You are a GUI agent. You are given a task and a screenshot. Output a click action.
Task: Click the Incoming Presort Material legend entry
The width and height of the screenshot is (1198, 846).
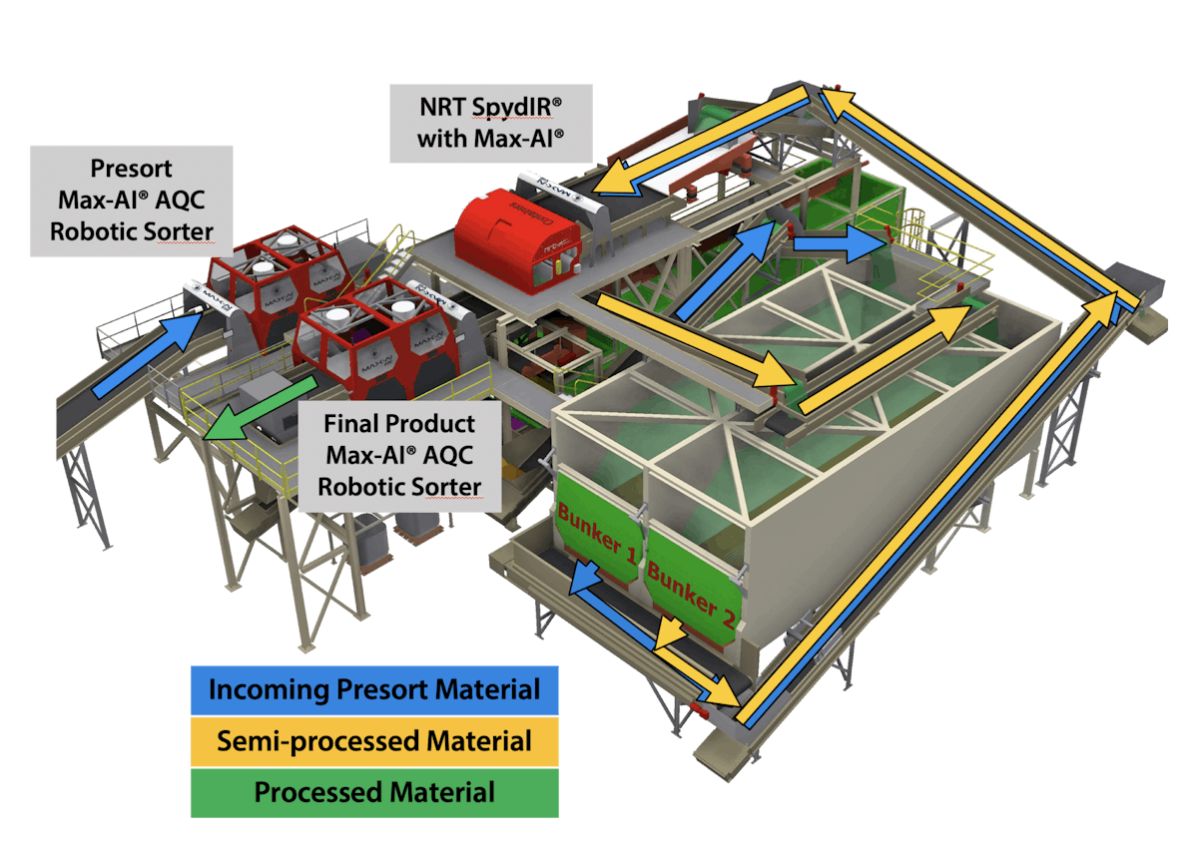point(374,689)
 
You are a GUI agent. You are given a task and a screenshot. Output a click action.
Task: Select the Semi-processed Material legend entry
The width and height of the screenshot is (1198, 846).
point(374,741)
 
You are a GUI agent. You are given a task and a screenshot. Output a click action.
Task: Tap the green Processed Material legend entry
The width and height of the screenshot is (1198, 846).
point(374,793)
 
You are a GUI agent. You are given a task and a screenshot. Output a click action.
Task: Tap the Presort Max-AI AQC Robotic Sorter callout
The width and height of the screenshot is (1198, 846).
point(131,201)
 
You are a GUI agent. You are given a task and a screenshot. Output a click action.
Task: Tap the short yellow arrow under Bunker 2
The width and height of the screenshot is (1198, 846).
point(671,632)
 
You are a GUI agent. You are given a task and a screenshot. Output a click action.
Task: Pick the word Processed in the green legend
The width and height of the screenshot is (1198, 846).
point(317,793)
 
